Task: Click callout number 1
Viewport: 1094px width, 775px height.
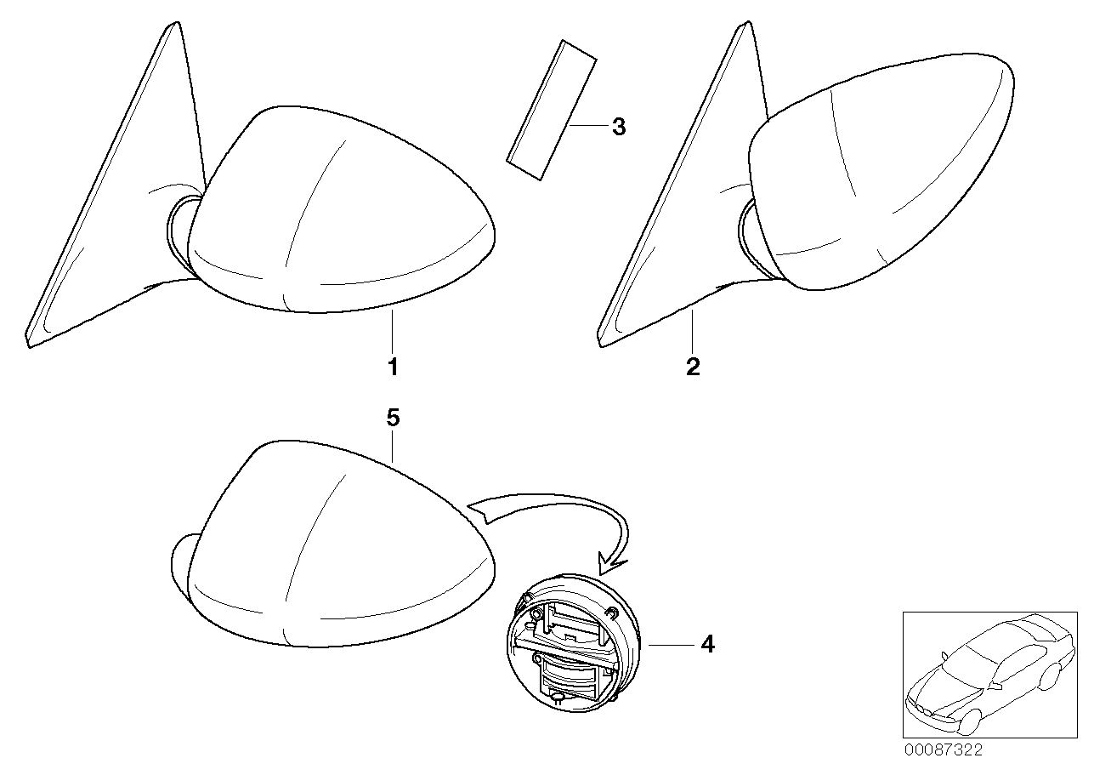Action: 394,367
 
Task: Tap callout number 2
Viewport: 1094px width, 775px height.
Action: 693,367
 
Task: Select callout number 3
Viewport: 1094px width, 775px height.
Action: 619,127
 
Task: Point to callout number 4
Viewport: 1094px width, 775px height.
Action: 708,644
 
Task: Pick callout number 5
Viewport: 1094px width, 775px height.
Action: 394,418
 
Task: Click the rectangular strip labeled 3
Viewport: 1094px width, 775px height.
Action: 552,110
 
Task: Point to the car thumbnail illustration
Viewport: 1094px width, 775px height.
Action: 990,681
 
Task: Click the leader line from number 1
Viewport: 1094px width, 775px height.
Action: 392,330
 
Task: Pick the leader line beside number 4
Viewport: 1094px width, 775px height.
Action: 671,645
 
